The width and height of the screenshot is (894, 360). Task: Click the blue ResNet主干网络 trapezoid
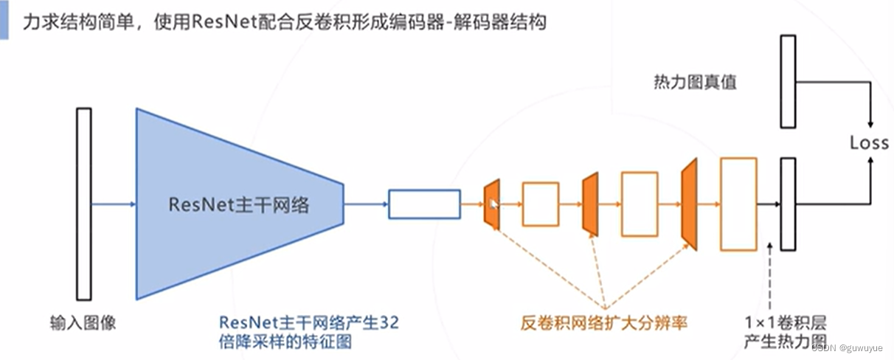236,204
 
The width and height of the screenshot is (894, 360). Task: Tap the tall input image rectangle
83,204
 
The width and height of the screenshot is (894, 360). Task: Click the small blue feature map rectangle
424,204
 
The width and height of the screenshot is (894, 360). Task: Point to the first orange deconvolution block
492,204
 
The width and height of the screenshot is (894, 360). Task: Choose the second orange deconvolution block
590,204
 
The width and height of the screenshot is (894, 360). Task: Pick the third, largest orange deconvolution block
690,204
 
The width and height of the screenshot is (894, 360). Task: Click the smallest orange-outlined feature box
541,204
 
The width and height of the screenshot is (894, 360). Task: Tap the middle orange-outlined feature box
640,204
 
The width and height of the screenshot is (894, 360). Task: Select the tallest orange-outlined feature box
738,204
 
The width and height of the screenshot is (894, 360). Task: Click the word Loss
869,142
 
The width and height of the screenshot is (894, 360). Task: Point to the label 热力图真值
695,81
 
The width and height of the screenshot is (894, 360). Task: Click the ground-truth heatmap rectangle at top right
789,81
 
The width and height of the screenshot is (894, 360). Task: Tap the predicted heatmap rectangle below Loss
789,204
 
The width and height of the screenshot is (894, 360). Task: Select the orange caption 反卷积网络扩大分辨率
604,322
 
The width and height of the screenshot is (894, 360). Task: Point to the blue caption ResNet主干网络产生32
310,322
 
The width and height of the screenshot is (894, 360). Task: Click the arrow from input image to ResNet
113,204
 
